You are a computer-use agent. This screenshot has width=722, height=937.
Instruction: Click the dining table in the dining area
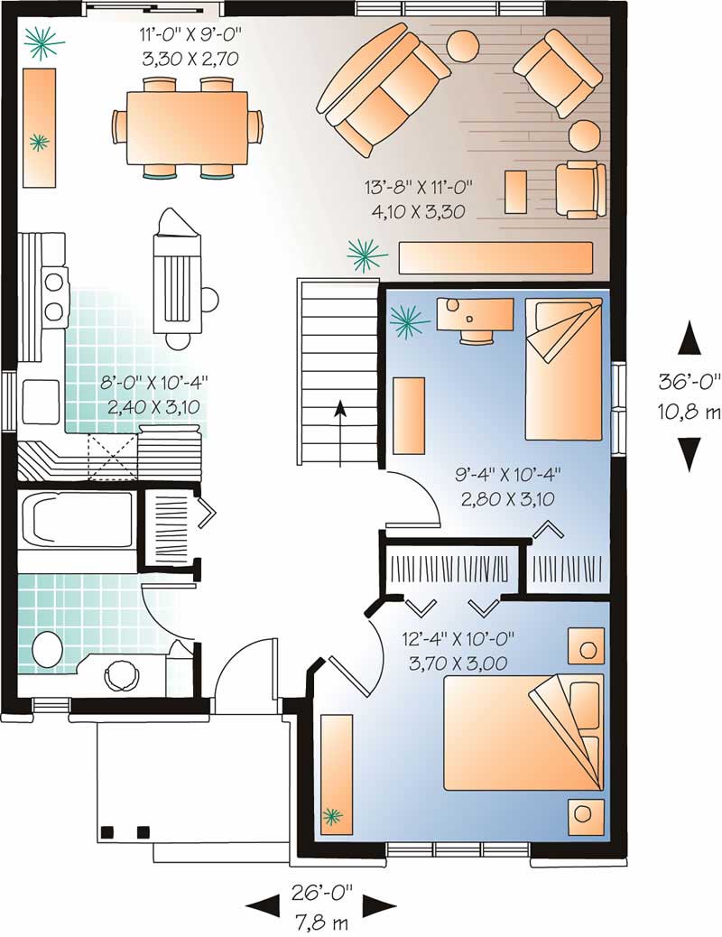tap(188, 127)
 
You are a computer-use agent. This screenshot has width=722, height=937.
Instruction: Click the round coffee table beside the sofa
tap(465, 45)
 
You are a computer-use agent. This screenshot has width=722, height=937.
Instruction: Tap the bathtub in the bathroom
tap(77, 520)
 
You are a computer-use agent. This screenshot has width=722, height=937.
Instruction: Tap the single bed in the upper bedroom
tap(563, 370)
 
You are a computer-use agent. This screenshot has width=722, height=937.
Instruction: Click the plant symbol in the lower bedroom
tap(333, 817)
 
